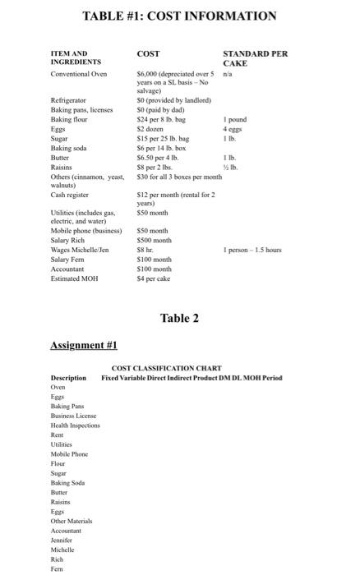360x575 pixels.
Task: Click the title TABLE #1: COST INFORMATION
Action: click(x=179, y=16)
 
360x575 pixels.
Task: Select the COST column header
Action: click(x=148, y=54)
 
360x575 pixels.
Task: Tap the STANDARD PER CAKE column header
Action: click(x=255, y=57)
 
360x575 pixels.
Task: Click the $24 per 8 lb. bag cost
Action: click(x=161, y=120)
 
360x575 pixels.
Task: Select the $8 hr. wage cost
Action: click(x=145, y=249)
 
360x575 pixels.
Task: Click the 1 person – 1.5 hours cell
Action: click(x=253, y=249)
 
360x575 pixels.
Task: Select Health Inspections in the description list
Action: click(x=76, y=425)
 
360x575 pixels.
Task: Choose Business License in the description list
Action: click(x=74, y=416)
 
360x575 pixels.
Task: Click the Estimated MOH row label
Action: click(x=74, y=278)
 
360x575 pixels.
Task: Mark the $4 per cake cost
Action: click(x=153, y=278)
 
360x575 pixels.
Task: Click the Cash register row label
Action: click(x=70, y=195)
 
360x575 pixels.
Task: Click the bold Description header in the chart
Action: click(x=68, y=378)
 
